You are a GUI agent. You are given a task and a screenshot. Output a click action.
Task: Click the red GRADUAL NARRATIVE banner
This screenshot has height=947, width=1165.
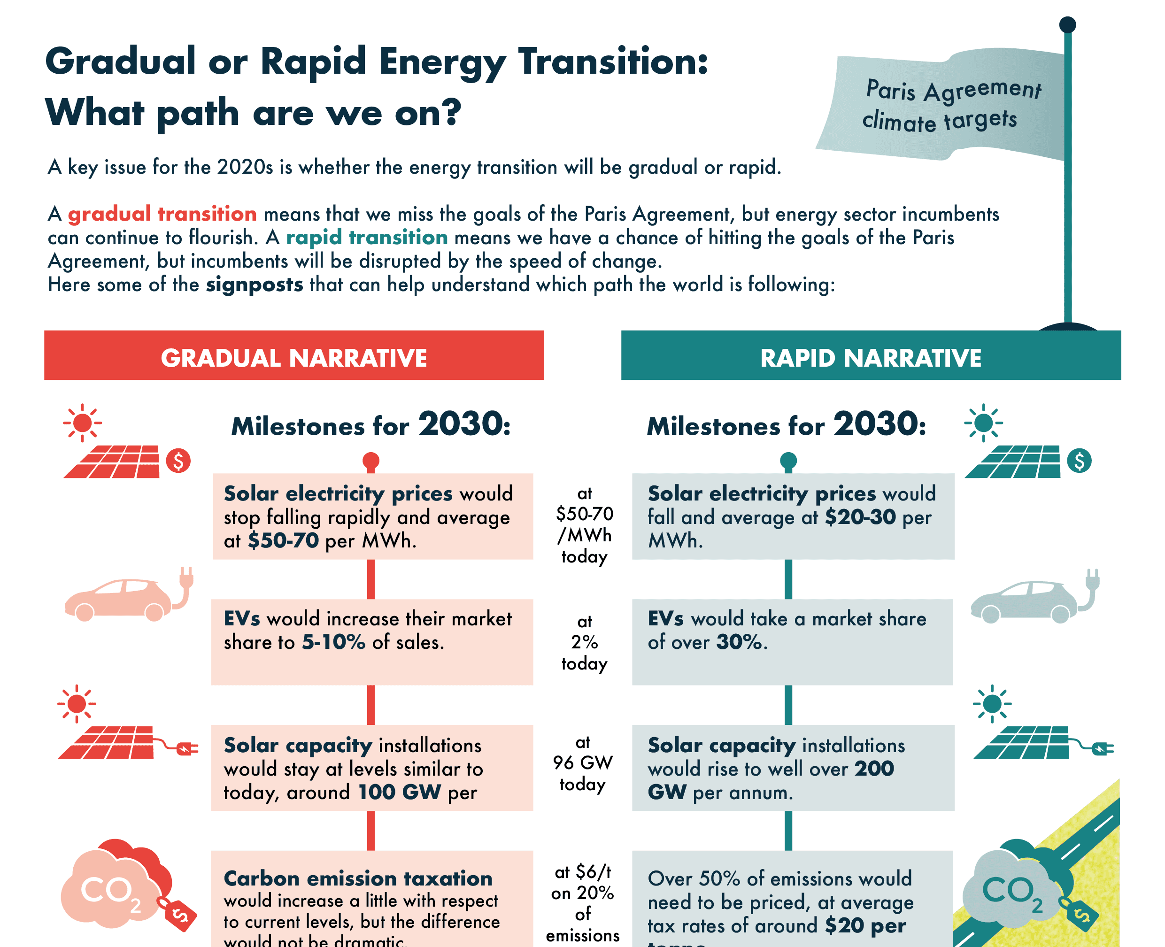pos(293,355)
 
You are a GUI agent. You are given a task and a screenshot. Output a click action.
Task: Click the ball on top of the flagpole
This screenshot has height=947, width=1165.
pos(1067,24)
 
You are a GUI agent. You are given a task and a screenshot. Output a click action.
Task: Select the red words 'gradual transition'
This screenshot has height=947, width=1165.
pos(162,214)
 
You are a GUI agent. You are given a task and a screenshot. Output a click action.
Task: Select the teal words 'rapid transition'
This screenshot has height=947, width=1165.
pos(367,237)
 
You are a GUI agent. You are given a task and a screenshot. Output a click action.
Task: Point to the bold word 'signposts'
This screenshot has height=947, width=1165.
pos(255,285)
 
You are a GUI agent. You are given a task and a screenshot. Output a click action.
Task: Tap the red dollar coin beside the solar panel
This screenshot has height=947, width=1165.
pos(178,461)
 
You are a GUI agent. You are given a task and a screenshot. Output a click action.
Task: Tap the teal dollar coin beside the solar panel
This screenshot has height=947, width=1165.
pos(1080,461)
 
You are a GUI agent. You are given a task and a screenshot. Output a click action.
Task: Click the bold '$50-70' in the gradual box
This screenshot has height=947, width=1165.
pos(283,540)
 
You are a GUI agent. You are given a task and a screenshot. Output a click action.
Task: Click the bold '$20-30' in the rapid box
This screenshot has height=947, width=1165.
pos(860,516)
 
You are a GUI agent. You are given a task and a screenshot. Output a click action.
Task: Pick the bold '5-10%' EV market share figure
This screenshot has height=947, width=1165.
pos(333,642)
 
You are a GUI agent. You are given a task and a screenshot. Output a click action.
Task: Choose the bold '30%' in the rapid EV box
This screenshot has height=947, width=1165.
pos(738,642)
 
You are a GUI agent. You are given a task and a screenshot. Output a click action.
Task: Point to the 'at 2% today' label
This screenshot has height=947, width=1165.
pos(585,642)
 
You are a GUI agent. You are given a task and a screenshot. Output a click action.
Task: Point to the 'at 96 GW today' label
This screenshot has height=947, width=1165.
pos(583,762)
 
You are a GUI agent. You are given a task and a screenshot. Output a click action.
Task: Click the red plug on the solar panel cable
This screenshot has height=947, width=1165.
pos(186,748)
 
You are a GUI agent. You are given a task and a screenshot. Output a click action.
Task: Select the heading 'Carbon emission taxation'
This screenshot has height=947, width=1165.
pos(358,878)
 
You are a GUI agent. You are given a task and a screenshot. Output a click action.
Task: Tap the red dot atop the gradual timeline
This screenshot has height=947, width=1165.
pos(371,460)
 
